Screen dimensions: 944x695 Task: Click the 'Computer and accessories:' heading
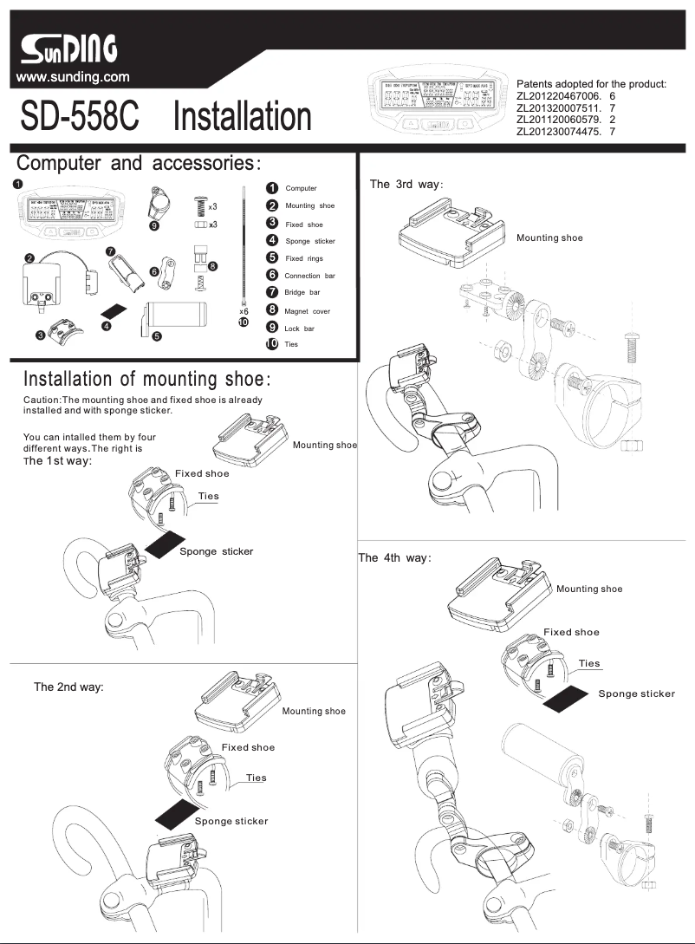coord(139,163)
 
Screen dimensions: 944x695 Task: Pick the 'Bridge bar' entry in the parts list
coord(302,293)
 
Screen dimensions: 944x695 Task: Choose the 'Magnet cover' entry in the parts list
coord(307,310)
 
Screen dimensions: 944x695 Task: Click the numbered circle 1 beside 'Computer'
coord(271,188)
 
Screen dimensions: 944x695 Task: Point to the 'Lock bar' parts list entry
coord(300,328)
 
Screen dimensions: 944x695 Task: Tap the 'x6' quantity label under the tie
coord(244,310)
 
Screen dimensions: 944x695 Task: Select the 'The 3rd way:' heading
coord(406,184)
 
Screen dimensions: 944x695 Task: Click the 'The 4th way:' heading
coord(394,557)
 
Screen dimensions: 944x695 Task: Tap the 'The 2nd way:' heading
coord(68,687)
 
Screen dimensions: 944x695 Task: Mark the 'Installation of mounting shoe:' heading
coord(147,380)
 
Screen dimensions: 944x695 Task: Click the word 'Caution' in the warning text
coord(42,400)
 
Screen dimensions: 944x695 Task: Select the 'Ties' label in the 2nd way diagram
coord(256,778)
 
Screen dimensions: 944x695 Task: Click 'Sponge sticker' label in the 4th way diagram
coord(636,693)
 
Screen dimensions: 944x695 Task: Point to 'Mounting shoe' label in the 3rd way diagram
coord(549,238)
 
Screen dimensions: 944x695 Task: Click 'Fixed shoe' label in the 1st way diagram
coord(202,473)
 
